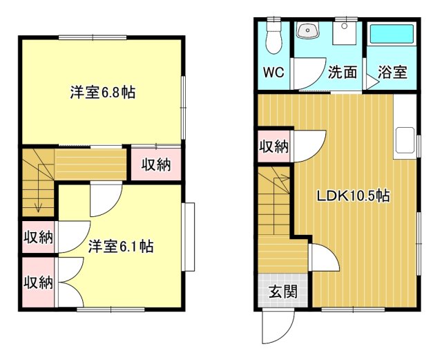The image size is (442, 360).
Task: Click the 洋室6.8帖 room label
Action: (102, 93)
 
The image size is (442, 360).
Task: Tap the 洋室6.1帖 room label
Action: (121, 247)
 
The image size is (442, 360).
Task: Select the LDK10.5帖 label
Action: (354, 196)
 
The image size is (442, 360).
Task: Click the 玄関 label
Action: (283, 292)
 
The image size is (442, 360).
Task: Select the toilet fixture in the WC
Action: (274, 37)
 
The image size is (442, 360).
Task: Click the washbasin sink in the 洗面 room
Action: (307, 32)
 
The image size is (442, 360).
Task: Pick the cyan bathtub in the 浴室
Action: (391, 35)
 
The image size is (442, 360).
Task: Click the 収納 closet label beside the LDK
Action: (273, 146)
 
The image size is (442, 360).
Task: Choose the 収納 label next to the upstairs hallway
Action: (157, 164)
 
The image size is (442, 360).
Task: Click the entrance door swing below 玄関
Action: (279, 325)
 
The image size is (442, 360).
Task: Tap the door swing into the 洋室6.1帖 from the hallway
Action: (104, 200)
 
